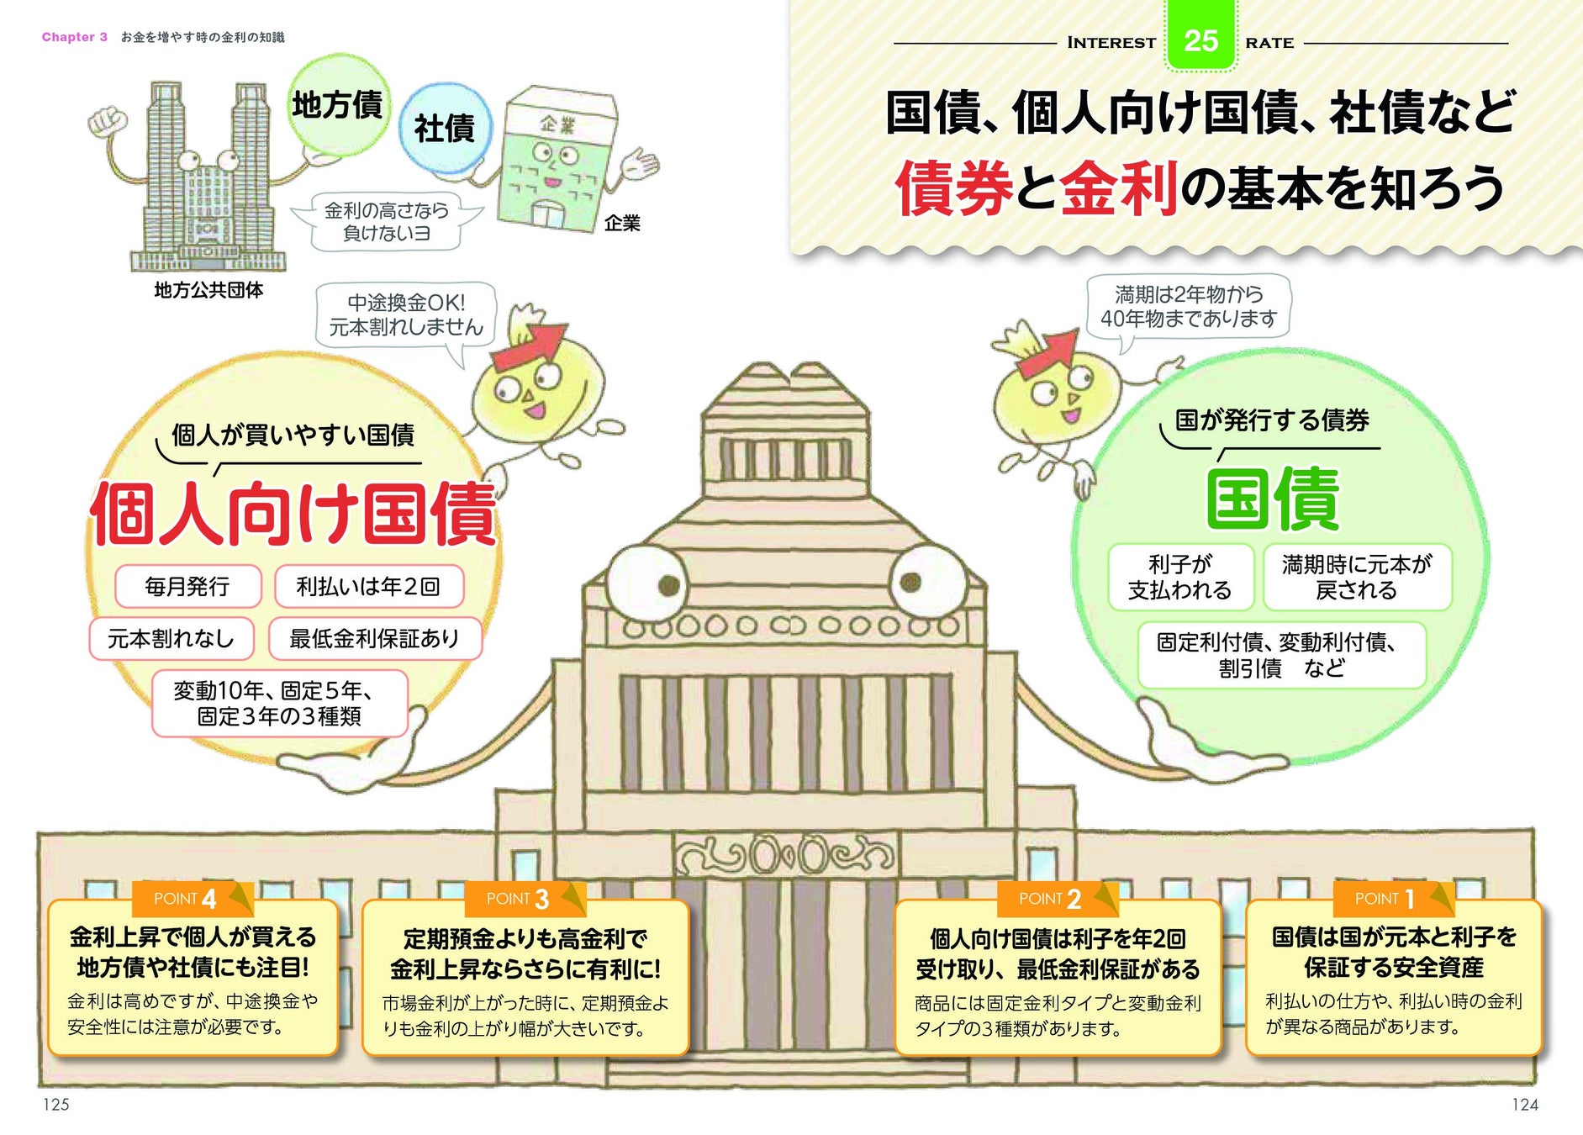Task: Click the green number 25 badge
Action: [1200, 39]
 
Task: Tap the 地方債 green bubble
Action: [338, 105]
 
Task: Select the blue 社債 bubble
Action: [444, 129]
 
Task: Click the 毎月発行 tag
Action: [187, 586]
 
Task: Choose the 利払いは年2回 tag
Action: [368, 586]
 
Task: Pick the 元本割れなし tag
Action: [171, 639]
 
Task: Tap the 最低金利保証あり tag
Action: [374, 639]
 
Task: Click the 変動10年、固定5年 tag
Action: [279, 703]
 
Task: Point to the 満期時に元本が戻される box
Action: [1356, 577]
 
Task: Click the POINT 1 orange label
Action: [1384, 899]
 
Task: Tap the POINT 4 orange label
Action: [185, 899]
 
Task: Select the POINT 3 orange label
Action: [517, 899]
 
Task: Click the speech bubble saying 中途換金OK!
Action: [406, 314]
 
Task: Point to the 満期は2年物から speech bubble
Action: [1188, 306]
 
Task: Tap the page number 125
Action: [55, 1104]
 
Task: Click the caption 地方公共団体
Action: [208, 290]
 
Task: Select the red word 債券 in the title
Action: [954, 188]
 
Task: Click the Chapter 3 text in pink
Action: [75, 37]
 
